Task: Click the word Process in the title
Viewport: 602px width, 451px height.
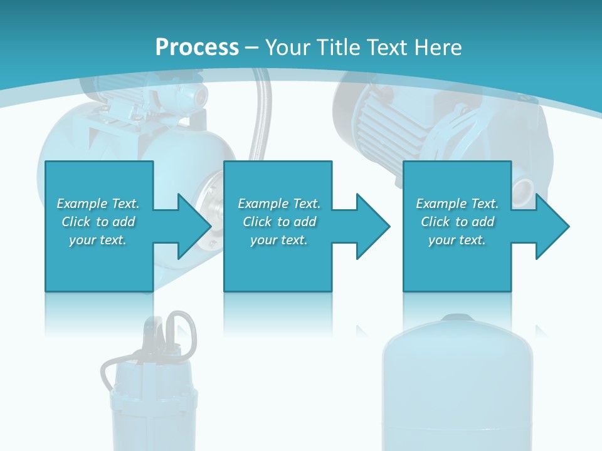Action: tap(197, 48)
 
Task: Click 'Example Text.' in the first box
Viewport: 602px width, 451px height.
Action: tap(98, 204)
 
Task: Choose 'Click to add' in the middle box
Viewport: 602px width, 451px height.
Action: tap(279, 222)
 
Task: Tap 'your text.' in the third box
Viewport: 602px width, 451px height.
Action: tap(457, 240)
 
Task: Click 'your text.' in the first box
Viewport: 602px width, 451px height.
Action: tap(98, 240)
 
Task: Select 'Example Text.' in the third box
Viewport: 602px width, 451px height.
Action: tap(457, 204)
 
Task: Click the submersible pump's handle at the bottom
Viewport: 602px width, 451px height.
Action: tap(182, 331)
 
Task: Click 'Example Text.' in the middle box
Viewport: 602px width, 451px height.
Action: tap(279, 204)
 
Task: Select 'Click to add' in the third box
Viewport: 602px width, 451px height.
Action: tap(457, 222)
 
